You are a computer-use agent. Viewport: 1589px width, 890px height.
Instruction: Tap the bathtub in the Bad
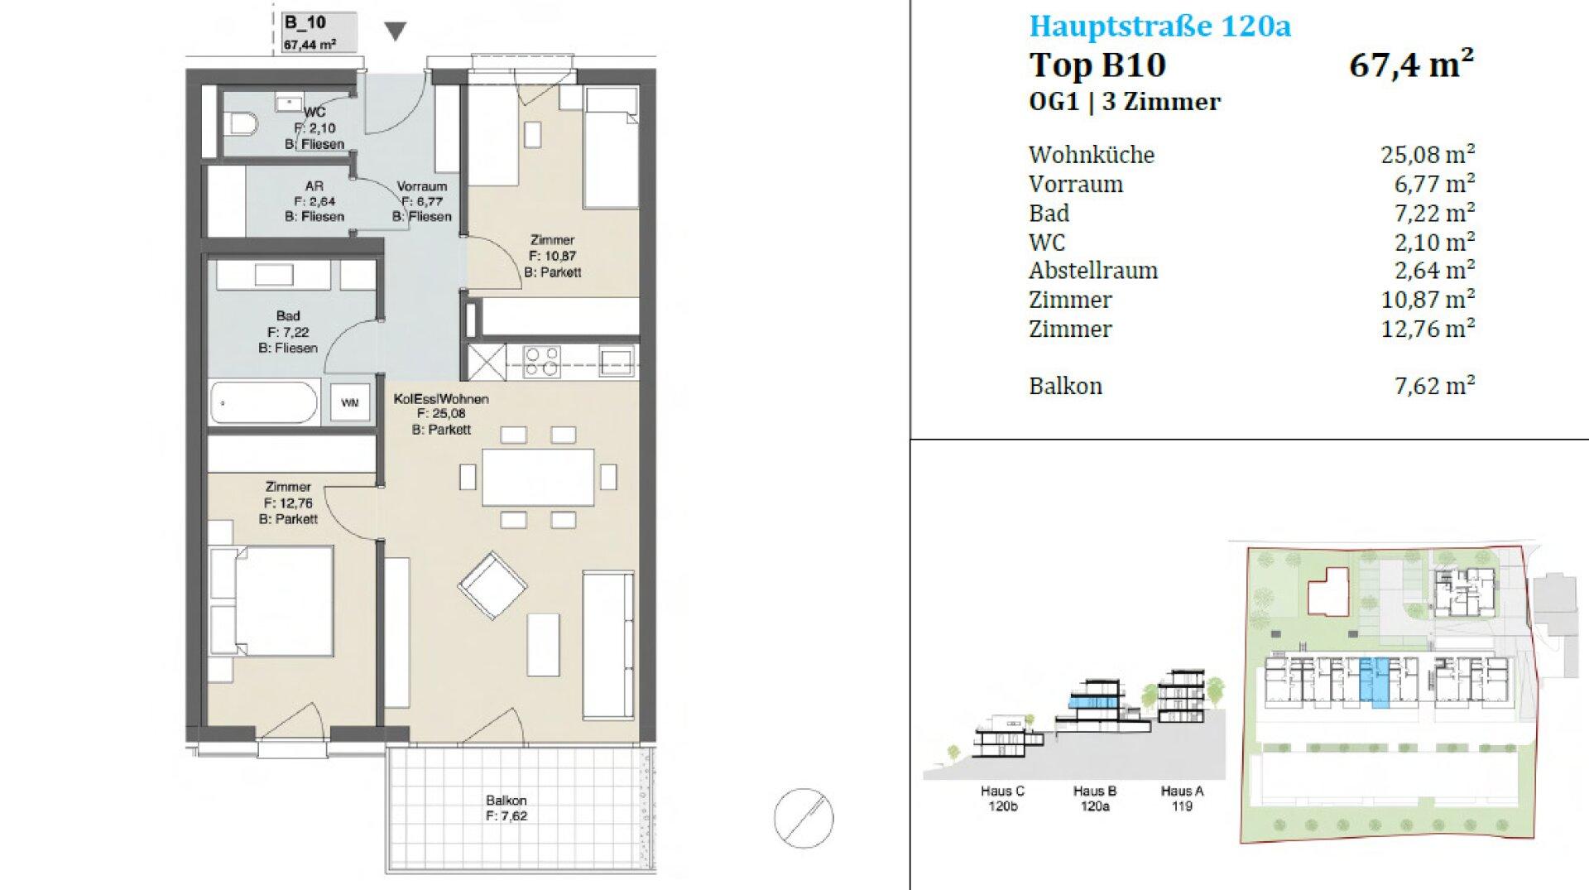264,404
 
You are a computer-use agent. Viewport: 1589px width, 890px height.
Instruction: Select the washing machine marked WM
350,403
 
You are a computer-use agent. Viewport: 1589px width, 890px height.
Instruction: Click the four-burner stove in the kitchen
542,362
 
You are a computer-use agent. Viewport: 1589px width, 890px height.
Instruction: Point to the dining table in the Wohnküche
538,477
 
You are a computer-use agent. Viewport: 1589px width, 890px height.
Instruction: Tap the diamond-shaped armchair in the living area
492,586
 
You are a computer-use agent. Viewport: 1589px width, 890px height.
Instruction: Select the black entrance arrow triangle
396,31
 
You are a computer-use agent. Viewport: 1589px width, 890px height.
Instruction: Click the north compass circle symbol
804,818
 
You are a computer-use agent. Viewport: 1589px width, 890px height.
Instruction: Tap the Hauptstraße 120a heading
1159,26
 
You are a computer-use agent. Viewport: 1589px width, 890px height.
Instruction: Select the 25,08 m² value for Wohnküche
1428,154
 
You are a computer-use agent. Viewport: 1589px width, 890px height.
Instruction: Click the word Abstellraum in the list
1093,271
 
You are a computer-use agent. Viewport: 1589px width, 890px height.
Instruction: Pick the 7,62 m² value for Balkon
1434,386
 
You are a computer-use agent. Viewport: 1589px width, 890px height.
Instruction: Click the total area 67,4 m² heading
1411,65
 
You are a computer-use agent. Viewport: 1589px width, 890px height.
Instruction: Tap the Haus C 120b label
1002,798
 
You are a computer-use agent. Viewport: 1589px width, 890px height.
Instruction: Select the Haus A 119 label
1182,798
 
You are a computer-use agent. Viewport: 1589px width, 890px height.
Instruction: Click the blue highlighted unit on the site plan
1374,681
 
